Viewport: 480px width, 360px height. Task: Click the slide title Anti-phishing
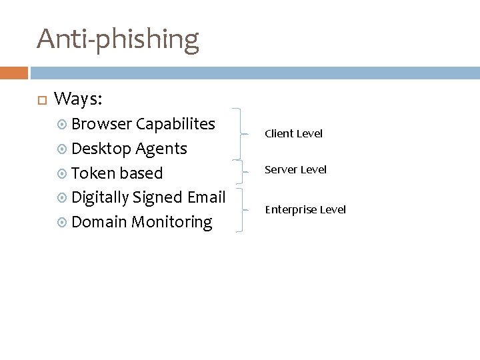click(118, 39)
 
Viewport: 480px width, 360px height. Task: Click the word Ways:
click(78, 99)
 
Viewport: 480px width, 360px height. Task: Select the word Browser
click(101, 124)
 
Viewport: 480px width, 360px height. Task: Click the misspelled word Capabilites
click(175, 124)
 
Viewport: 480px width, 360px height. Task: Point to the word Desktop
click(101, 149)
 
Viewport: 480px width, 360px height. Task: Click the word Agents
click(162, 149)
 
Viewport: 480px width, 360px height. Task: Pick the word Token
click(93, 173)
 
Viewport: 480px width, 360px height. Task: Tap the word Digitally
click(100, 197)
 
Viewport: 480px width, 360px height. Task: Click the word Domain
click(99, 222)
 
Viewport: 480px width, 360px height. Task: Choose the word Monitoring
click(171, 222)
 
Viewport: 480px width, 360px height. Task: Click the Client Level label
click(293, 134)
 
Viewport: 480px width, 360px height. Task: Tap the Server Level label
click(296, 170)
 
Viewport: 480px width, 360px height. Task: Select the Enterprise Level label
click(305, 210)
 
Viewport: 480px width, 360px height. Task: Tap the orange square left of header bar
click(13, 72)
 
